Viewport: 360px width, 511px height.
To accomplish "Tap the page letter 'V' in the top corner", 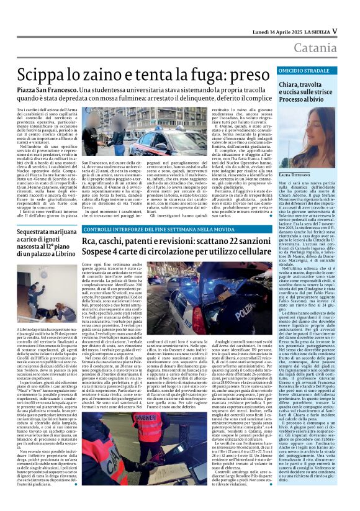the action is pyautogui.click(x=334, y=30).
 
